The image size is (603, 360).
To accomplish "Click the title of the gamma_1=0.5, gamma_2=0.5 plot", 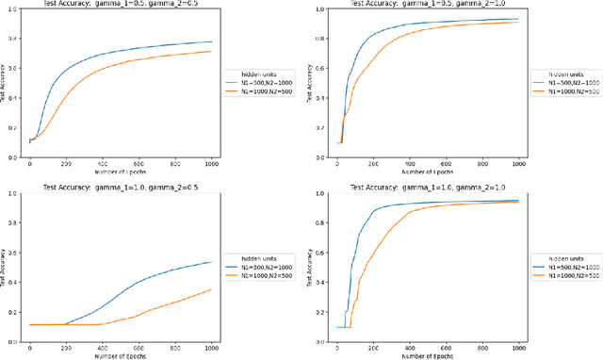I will click(x=120, y=4).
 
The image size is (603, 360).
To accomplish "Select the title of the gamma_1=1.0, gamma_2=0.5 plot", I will click(x=120, y=188).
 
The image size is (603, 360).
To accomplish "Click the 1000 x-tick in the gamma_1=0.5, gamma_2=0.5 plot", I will click(x=211, y=163).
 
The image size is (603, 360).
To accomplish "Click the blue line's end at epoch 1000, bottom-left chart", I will click(x=211, y=262).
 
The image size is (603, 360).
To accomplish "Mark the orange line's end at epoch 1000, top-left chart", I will click(x=211, y=51).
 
